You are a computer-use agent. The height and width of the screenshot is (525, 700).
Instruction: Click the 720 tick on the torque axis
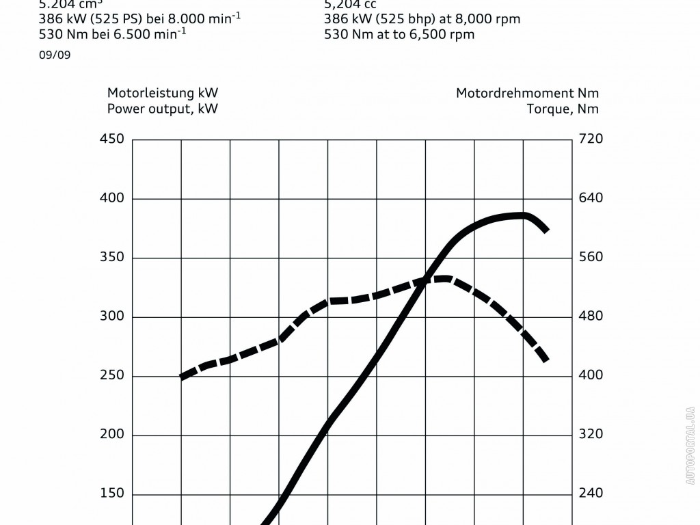tap(590, 139)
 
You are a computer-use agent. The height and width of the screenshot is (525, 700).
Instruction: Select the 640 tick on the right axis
tap(590, 198)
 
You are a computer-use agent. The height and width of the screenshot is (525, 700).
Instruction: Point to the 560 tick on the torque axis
tap(590, 257)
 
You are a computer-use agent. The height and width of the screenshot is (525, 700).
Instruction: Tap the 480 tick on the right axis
tap(590, 317)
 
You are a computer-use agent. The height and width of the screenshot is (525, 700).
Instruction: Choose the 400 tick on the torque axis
tap(590, 375)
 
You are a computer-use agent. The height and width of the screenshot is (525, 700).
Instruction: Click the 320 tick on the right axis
tap(590, 434)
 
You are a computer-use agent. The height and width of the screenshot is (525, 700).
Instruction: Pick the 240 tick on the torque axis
tap(590, 494)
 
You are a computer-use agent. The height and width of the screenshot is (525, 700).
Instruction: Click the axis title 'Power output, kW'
tap(163, 109)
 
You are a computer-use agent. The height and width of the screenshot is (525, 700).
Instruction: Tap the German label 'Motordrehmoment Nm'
tap(527, 93)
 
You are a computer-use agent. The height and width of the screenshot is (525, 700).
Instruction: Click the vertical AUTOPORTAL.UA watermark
tap(690, 444)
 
